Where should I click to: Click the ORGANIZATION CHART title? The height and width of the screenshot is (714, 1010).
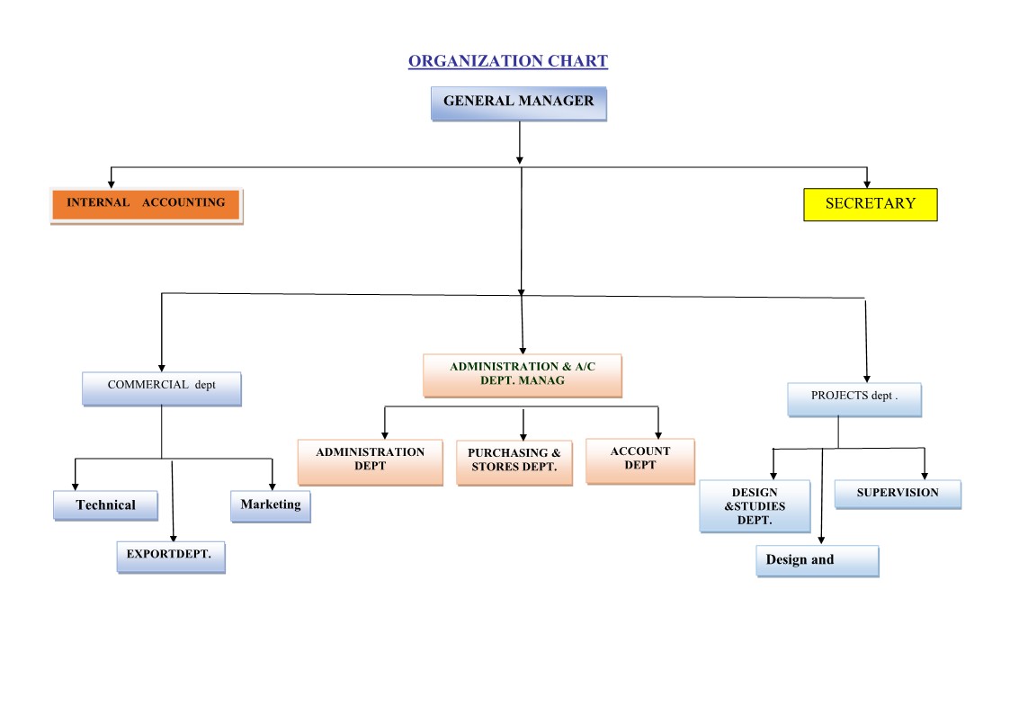[x=508, y=61]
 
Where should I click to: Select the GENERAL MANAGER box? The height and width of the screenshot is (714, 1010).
[x=519, y=103]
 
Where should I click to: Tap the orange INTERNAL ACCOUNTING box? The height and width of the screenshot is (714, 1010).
[x=146, y=205]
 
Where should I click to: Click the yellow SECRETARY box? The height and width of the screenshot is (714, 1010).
[x=870, y=204]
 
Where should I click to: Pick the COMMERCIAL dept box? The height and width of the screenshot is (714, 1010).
[x=162, y=388]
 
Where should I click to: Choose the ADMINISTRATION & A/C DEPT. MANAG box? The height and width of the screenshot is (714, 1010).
[x=523, y=375]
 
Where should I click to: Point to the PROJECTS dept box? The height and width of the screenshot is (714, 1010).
[x=854, y=399]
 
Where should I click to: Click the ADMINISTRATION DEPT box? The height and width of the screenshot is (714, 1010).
[x=371, y=461]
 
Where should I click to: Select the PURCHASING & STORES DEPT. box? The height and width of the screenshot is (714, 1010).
[x=514, y=462]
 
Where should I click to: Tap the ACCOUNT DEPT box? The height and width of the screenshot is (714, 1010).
[x=640, y=460]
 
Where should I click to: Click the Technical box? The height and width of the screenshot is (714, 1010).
[x=106, y=505]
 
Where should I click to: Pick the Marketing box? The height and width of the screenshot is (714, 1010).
[x=271, y=505]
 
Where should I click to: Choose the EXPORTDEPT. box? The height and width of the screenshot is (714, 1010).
[x=170, y=557]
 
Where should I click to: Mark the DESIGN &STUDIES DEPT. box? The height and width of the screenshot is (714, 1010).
[x=755, y=506]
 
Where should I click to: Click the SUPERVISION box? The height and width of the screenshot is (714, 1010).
[x=898, y=494]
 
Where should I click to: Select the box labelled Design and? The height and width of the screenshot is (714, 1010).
[x=817, y=560]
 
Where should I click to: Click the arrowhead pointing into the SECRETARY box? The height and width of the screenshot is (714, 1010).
[x=867, y=183]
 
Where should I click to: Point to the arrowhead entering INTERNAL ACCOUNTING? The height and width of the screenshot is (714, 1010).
[x=112, y=183]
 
